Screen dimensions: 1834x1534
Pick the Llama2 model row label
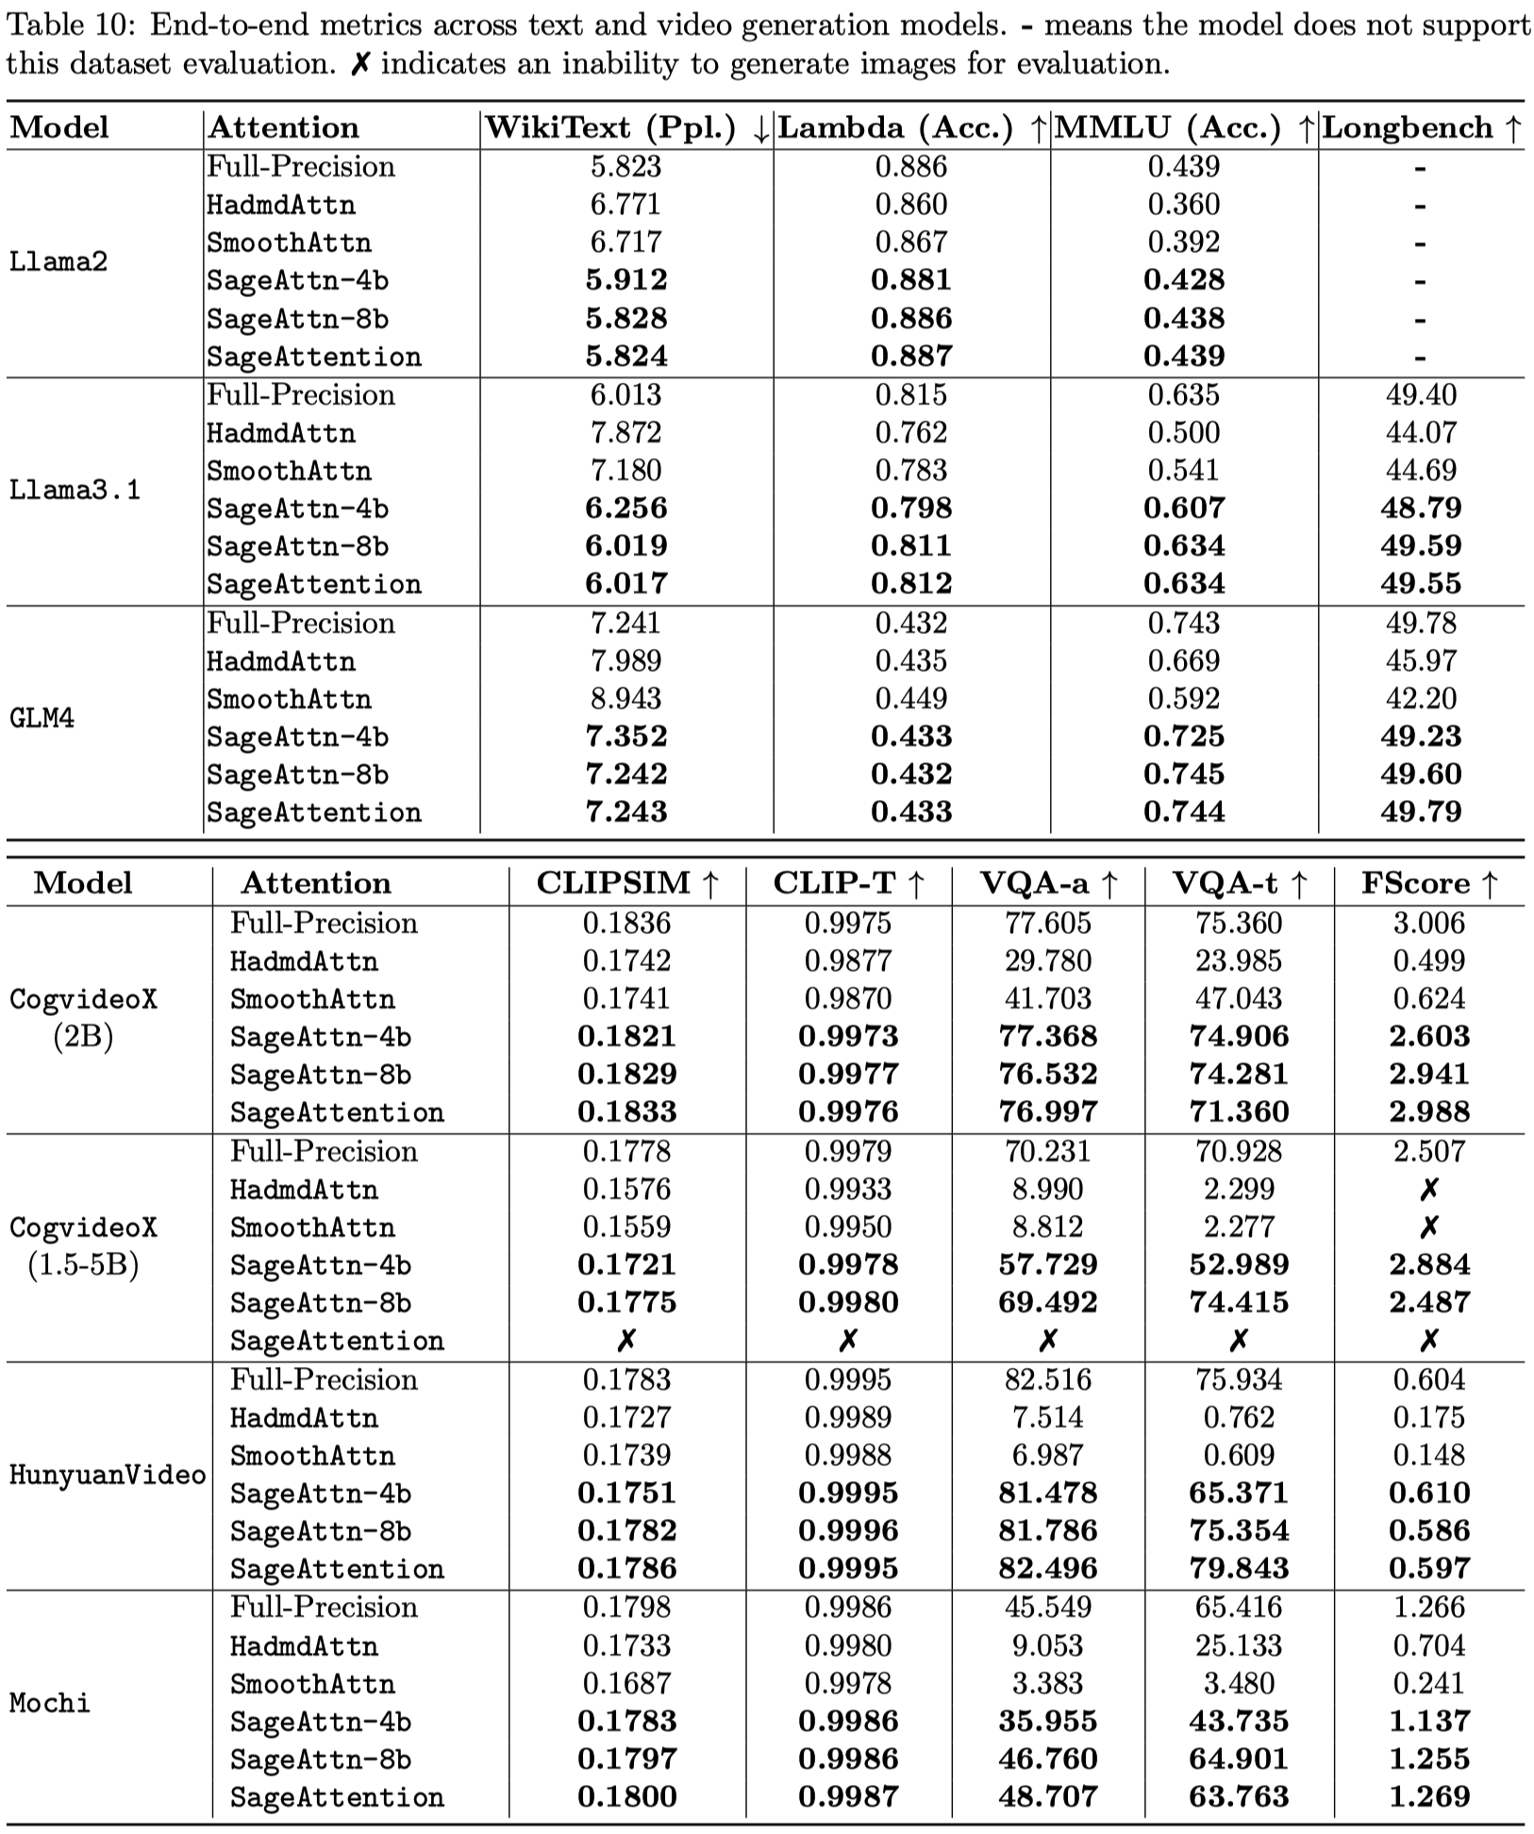point(58,261)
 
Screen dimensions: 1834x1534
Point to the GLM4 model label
point(42,718)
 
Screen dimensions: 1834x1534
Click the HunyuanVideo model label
point(107,1474)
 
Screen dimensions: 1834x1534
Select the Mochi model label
point(49,1702)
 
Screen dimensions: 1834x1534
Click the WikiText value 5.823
point(626,167)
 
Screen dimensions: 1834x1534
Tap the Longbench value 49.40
point(1421,394)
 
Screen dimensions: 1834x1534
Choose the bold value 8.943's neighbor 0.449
point(910,698)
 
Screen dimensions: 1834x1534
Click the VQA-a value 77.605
point(1047,923)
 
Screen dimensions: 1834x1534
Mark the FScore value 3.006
point(1428,923)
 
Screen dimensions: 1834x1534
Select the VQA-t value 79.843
point(1239,1568)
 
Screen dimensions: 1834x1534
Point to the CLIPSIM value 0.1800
point(626,1796)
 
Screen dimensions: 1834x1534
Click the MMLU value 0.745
point(1184,774)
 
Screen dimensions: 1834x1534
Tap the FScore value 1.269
point(1428,1796)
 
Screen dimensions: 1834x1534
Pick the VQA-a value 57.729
point(1047,1264)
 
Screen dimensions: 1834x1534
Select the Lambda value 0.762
point(910,432)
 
